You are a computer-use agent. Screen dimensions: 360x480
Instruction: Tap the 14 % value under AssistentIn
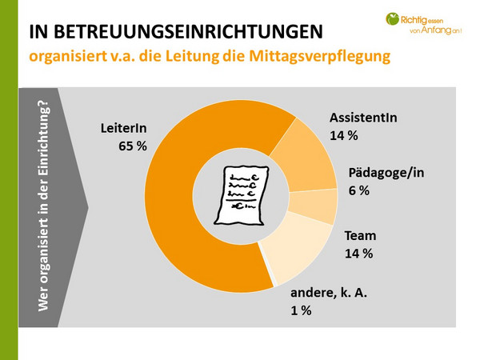click(x=344, y=136)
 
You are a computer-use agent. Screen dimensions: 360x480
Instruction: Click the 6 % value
click(x=359, y=191)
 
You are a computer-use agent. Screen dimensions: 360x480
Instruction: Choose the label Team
click(x=359, y=236)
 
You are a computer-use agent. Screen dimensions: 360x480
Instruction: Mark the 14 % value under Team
click(x=358, y=254)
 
